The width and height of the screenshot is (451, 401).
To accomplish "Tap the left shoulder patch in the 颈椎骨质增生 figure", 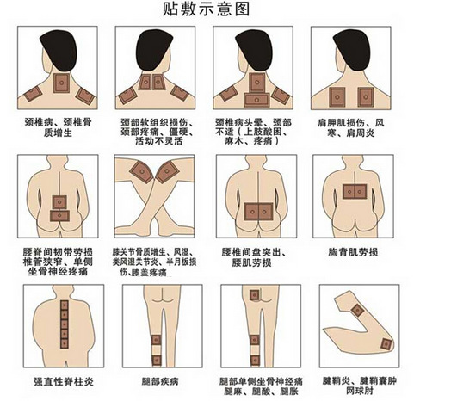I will pyautogui.click(x=37, y=94).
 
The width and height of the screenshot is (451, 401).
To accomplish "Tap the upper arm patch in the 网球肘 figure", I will pyautogui.click(x=355, y=305).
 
